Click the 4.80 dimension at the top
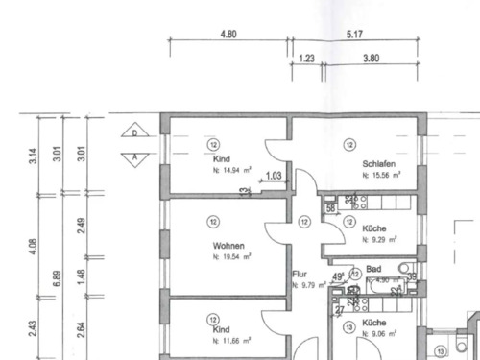[x=228, y=34]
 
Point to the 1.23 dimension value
[x=307, y=58]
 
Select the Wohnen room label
[x=228, y=245]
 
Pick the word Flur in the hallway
[x=299, y=274]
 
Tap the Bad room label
[x=374, y=270]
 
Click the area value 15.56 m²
[x=381, y=176]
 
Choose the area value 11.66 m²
[x=231, y=340]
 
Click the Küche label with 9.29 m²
[x=374, y=228]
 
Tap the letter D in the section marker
[x=134, y=132]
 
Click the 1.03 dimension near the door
[x=273, y=176]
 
